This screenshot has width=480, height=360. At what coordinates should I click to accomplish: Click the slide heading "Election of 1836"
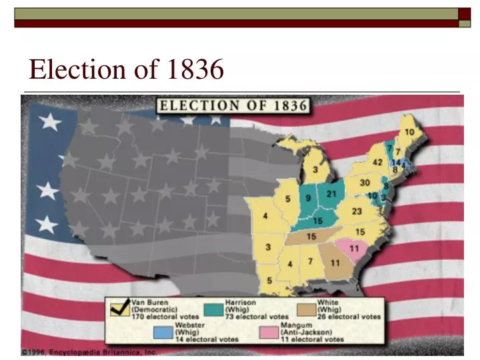(126, 69)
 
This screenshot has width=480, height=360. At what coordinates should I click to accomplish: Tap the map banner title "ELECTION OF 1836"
(231, 105)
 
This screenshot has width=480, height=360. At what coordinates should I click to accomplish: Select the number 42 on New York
(377, 163)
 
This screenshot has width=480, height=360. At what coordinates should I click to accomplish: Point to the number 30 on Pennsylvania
(365, 183)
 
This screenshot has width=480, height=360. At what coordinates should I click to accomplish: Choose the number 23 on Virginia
(357, 211)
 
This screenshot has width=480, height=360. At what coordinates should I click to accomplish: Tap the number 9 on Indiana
(308, 197)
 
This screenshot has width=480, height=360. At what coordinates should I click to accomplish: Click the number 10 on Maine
(410, 132)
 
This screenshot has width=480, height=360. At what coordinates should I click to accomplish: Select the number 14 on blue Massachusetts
(397, 162)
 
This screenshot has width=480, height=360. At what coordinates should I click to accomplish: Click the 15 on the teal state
(318, 220)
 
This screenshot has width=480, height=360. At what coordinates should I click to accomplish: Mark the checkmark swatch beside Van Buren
(121, 309)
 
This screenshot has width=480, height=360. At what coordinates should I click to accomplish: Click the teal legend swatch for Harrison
(214, 309)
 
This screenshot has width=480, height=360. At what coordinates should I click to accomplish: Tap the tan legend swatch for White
(307, 309)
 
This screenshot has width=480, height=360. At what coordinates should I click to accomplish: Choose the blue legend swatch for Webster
(163, 332)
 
